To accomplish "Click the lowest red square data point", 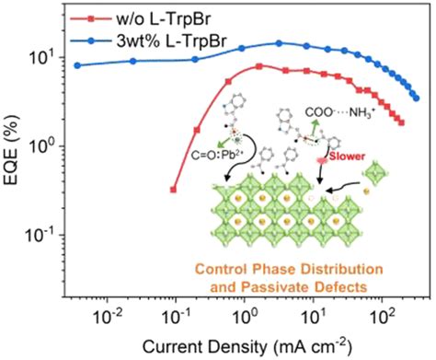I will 174,190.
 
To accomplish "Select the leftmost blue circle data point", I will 78,65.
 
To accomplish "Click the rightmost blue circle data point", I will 416,98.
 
